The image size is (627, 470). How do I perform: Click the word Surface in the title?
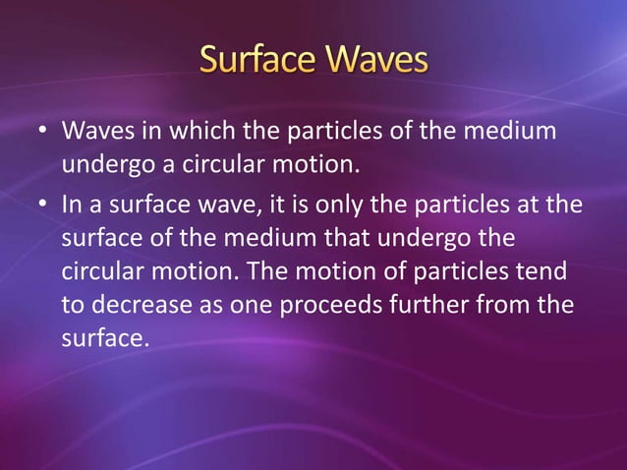(x=256, y=60)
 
